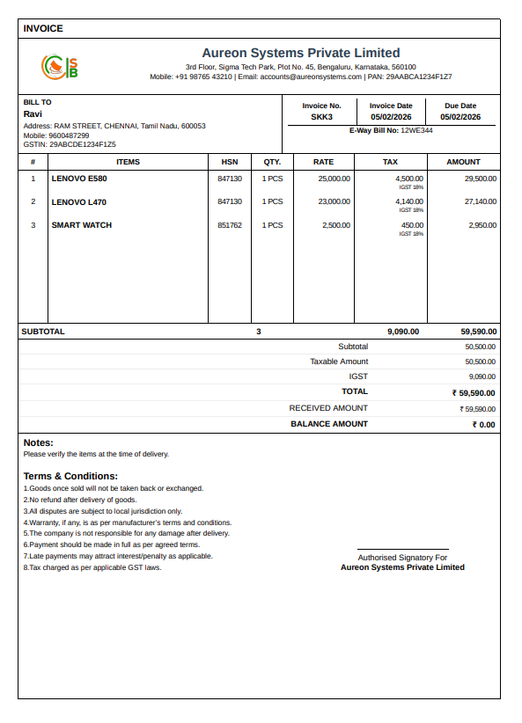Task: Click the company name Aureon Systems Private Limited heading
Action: point(300,53)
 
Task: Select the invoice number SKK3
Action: point(321,117)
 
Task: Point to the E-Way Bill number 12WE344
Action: point(416,130)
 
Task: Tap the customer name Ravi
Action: point(33,114)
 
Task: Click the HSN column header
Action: point(230,162)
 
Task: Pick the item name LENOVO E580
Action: point(79,179)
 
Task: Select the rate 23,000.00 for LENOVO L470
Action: point(334,202)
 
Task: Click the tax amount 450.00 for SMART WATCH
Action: point(412,225)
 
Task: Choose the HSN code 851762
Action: point(230,225)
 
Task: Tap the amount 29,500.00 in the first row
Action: point(481,179)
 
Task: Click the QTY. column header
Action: point(272,162)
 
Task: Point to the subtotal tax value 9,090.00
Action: point(403,332)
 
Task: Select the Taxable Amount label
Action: point(339,361)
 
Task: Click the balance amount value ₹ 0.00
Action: point(483,425)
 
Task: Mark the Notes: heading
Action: point(39,442)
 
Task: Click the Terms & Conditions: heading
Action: point(70,476)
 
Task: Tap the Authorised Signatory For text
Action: point(402,558)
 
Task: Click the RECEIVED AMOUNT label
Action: point(328,408)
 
